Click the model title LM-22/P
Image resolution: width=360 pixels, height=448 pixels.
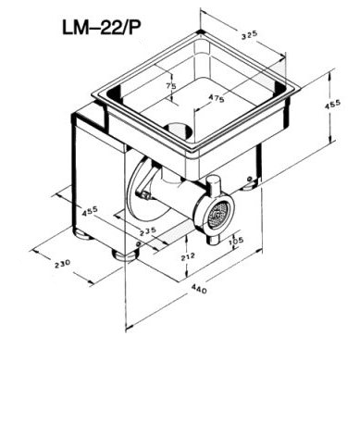(x=101, y=28)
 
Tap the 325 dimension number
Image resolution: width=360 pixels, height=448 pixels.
(x=249, y=35)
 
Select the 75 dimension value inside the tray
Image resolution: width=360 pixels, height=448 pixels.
(x=171, y=86)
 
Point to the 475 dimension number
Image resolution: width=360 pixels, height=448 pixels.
(x=217, y=98)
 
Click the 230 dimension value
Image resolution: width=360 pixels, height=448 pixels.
(x=63, y=264)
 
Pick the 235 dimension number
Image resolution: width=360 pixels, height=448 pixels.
(x=148, y=231)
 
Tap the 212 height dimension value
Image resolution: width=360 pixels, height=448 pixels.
(x=189, y=256)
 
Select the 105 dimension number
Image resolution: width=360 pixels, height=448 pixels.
(x=237, y=241)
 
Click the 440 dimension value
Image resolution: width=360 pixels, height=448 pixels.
(x=199, y=289)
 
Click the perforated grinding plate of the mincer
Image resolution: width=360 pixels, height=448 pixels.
(x=217, y=214)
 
